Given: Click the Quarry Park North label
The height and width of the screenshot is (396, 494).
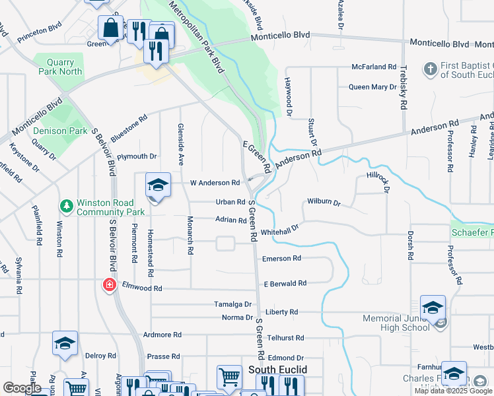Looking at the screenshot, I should tap(60, 67).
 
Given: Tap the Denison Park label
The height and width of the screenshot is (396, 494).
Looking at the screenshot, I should tap(60, 131).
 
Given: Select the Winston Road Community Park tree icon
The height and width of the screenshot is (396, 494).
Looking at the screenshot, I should tap(66, 207).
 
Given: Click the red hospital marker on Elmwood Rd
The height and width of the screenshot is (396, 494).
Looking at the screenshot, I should tap(108, 285).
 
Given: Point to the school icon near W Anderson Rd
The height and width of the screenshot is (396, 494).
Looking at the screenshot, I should tap(158, 185).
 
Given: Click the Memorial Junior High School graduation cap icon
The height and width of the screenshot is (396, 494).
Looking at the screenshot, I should tap(433, 308).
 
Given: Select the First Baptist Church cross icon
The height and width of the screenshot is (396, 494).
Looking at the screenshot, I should tap(430, 69).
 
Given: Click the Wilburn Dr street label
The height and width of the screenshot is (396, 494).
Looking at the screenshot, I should tap(323, 203).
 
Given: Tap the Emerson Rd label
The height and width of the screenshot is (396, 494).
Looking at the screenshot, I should tap(281, 258).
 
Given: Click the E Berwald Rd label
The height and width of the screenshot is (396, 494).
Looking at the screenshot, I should tap(285, 283).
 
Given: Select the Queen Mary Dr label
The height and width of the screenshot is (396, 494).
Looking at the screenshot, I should tap(372, 87).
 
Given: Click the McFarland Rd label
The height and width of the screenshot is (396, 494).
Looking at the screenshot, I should tap(374, 67).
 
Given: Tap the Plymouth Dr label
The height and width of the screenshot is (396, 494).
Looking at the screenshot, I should tap(137, 156).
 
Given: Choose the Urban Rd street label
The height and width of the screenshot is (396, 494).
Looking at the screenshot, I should tap(230, 203).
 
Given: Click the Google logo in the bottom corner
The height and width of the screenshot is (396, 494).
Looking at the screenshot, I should tap(22, 388).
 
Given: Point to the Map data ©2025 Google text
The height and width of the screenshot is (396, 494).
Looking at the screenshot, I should tap(452, 391).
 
